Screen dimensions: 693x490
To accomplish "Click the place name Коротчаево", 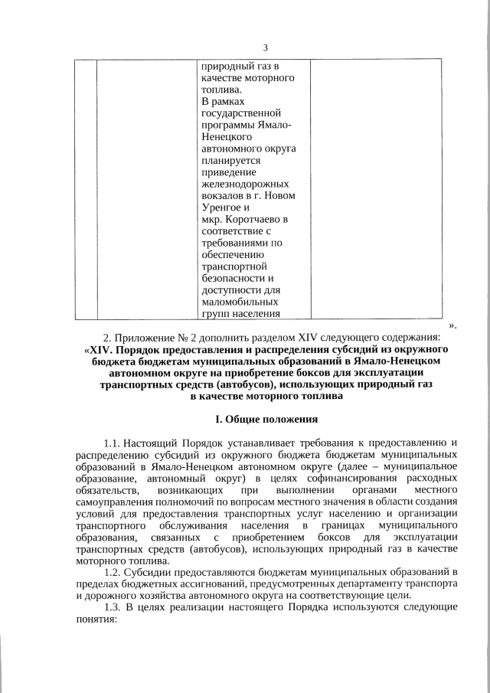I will click(253, 220).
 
